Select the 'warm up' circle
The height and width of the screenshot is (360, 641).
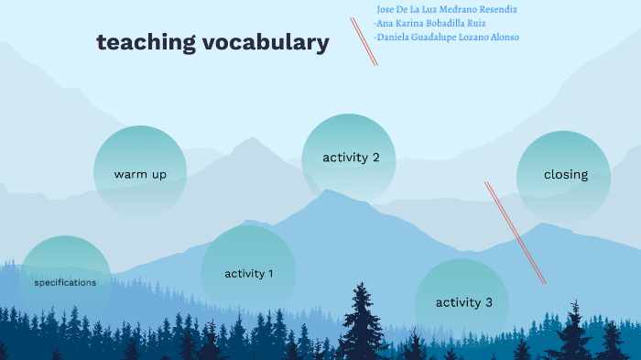[x=140, y=172]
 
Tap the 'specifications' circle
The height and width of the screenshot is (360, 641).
[x=65, y=281]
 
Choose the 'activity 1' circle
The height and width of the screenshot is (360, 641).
[x=248, y=272]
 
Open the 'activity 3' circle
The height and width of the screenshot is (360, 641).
[x=463, y=302]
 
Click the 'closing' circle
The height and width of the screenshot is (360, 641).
[x=565, y=174]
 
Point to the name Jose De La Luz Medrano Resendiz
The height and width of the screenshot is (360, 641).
[x=447, y=9]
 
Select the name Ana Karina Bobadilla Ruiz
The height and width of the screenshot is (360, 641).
[x=429, y=23]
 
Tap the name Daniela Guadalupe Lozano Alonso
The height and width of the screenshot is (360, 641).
[x=446, y=38]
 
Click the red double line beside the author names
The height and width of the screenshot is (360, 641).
[x=364, y=41]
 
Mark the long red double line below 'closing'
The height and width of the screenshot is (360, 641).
[x=516, y=233]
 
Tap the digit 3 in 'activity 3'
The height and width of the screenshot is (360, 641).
[x=489, y=302]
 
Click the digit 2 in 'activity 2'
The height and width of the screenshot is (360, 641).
[x=375, y=158]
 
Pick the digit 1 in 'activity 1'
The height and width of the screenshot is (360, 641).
[x=270, y=273]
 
